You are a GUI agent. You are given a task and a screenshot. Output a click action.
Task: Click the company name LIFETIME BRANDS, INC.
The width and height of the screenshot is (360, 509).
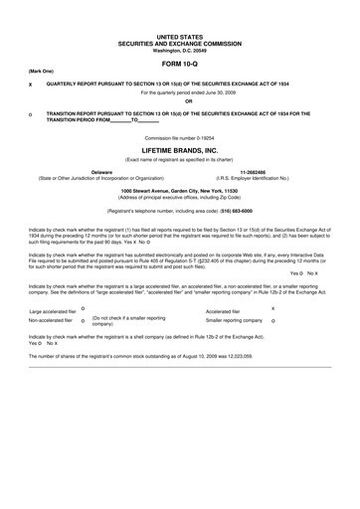tap(179, 149)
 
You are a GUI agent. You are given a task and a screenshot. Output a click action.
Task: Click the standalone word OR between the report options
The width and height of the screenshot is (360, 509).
tap(179, 101)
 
